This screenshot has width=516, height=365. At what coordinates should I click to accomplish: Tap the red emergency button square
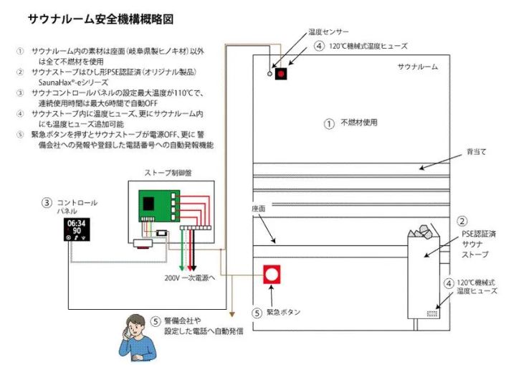pos(272,275)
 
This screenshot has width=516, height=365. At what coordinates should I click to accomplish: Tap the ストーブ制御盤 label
pos(168,173)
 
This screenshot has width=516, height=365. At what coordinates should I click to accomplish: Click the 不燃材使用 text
pos(358,123)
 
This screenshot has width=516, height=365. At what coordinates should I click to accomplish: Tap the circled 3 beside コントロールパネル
pos(47,203)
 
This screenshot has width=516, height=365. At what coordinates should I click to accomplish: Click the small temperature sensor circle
pos(269,74)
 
